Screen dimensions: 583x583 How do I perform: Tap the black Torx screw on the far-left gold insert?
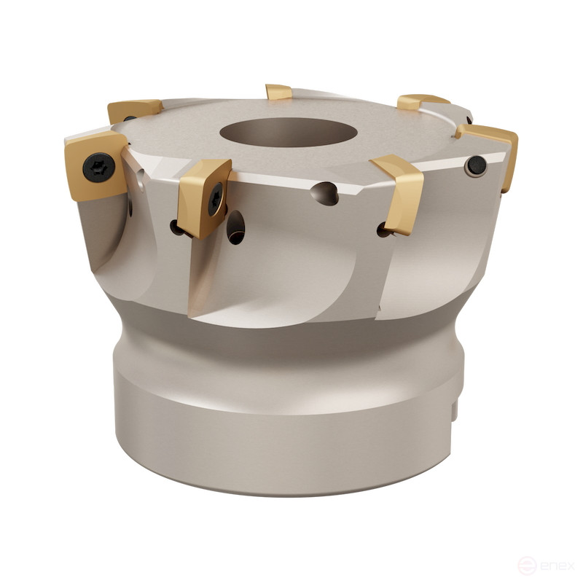tap(98, 169)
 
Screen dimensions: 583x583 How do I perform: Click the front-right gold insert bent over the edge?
tap(399, 191)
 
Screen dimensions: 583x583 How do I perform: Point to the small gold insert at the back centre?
tap(278, 92)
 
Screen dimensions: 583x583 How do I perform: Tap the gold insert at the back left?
tap(134, 110)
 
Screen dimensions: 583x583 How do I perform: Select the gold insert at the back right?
tap(421, 101)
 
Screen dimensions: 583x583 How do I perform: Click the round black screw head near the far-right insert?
tap(476, 166)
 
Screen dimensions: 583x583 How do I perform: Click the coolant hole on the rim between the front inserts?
tap(324, 192)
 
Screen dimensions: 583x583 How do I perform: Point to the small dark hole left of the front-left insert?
tap(176, 227)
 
